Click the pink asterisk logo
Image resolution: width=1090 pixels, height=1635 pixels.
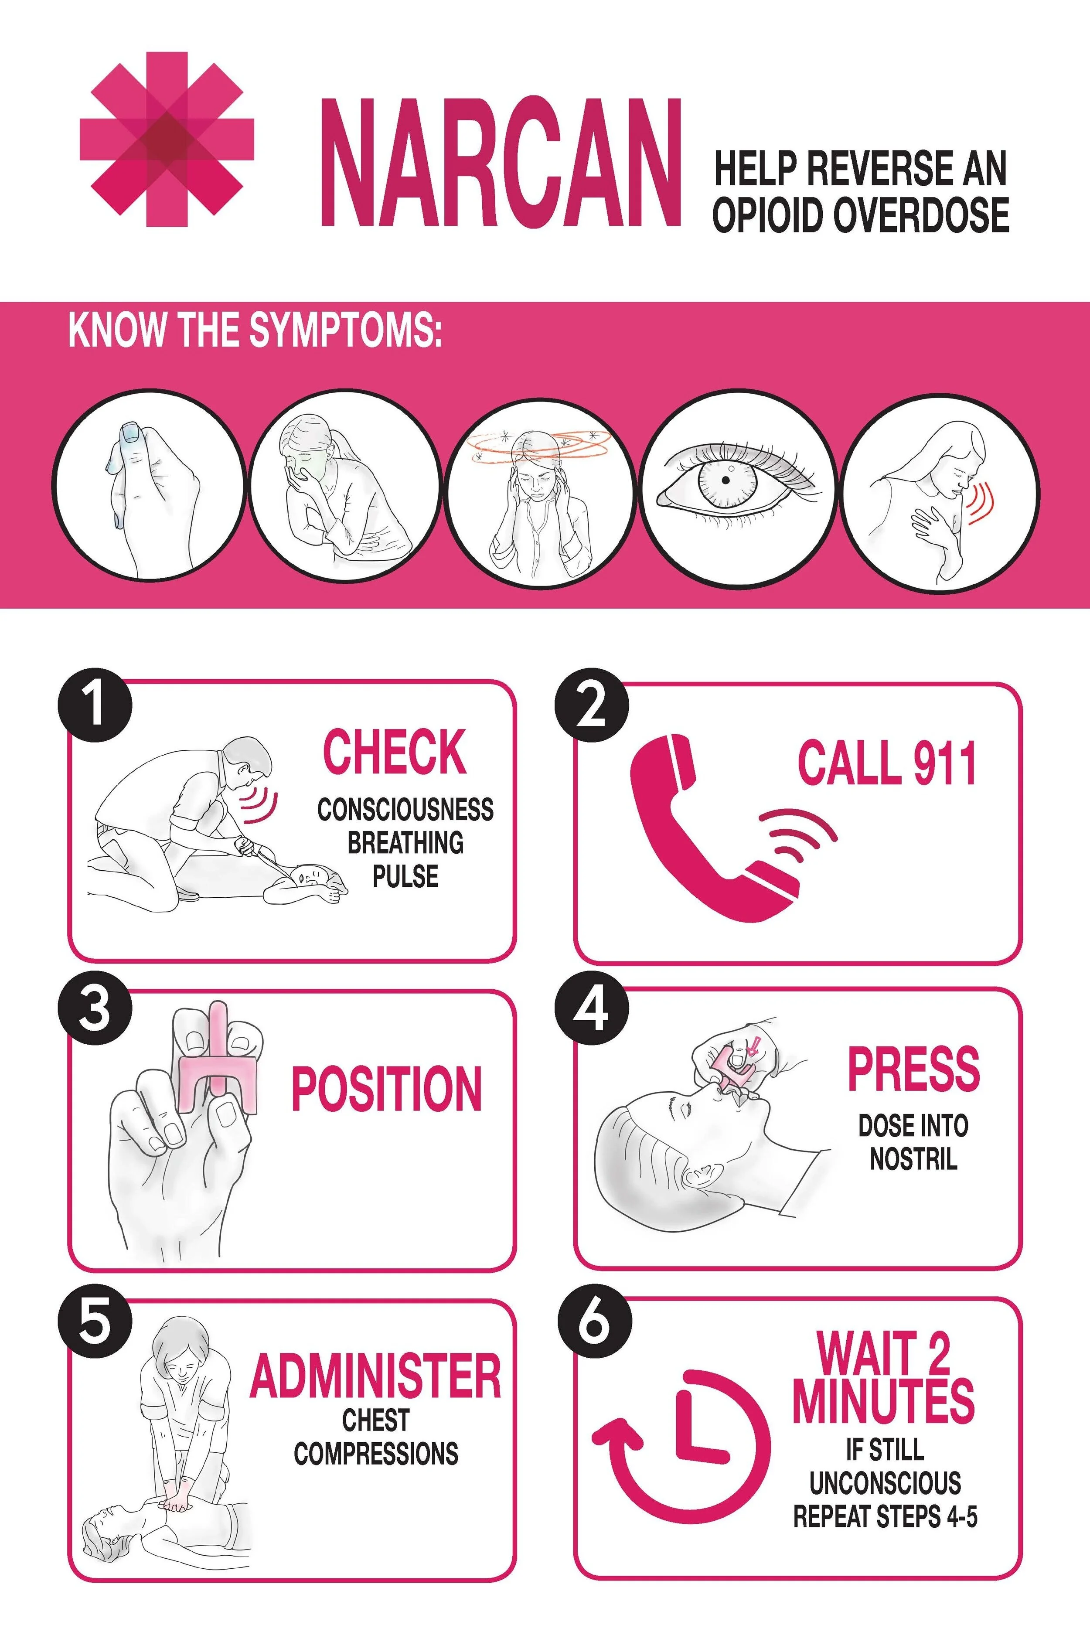pyautogui.click(x=167, y=139)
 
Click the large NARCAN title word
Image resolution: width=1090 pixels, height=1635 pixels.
pyautogui.click(x=499, y=164)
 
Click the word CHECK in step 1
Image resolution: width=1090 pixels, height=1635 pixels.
pyautogui.click(x=394, y=752)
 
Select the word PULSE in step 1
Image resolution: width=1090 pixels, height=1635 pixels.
pyautogui.click(x=405, y=876)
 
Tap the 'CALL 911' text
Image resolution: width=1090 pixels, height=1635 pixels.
pyautogui.click(x=887, y=763)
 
